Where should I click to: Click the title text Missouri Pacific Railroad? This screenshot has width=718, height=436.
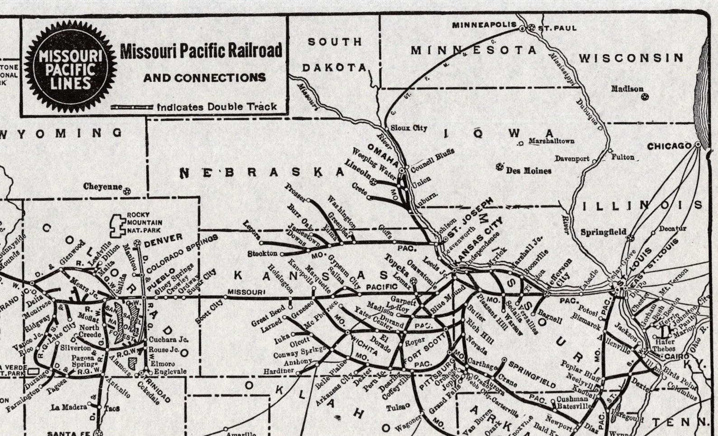click(x=201, y=51)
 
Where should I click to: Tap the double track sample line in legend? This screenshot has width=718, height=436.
click(x=132, y=108)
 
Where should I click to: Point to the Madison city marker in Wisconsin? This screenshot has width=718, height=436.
click(x=645, y=97)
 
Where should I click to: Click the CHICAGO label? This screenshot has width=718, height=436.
click(x=669, y=146)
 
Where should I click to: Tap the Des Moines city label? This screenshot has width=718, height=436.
click(x=529, y=171)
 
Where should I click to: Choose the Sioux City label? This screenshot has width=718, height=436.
click(x=408, y=128)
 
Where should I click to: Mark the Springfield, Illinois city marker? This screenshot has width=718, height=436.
click(x=631, y=238)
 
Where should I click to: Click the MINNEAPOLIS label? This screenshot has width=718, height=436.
click(x=484, y=25)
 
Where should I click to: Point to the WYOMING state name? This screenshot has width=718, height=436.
click(x=61, y=133)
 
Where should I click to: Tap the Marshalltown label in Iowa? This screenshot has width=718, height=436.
click(x=551, y=141)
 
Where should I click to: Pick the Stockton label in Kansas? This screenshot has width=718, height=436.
click(x=262, y=254)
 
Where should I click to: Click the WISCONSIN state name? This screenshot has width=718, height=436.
click(x=631, y=58)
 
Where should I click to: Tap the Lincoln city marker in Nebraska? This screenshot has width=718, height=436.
click(x=374, y=182)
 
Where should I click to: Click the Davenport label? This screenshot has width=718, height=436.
click(x=572, y=159)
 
